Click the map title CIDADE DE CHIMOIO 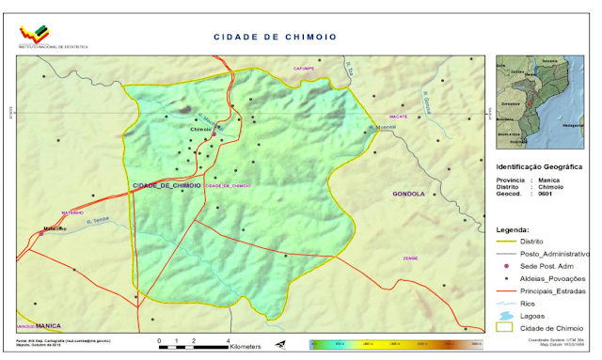tap(274, 37)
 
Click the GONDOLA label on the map tap(408, 194)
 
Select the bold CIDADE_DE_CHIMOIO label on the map tap(166, 186)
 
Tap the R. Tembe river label tap(99, 222)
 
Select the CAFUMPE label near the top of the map tap(303, 69)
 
